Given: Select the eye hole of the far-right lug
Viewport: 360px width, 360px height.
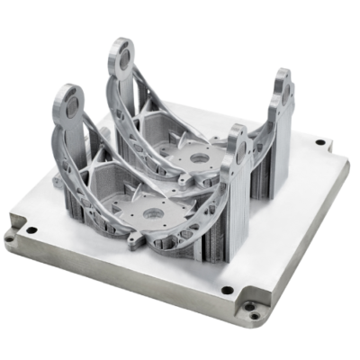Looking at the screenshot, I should point(285,90).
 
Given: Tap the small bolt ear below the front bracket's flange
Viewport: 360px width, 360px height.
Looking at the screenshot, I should point(138,240).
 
